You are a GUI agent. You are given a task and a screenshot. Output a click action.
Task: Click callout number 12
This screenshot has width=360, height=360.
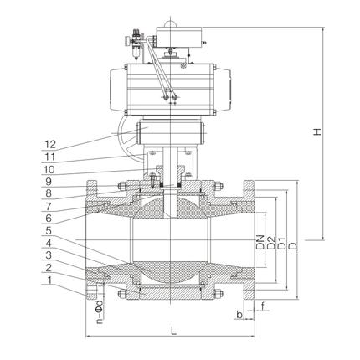pyautogui.click(x=50, y=145)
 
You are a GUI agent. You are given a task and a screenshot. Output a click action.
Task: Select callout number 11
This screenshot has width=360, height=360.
pyautogui.click(x=50, y=157)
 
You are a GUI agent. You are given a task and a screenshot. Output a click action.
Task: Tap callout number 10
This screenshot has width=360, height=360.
pyautogui.click(x=49, y=169)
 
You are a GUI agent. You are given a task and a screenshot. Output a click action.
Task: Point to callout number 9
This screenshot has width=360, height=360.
pyautogui.click(x=49, y=182)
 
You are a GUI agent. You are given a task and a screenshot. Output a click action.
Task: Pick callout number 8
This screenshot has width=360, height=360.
pyautogui.click(x=49, y=193)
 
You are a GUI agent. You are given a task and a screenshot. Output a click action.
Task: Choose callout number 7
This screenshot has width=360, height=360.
pyautogui.click(x=49, y=206)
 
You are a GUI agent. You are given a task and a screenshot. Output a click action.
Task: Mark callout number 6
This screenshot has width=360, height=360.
pyautogui.click(x=49, y=219)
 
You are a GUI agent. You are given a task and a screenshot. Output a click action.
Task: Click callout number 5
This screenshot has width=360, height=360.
pyautogui.click(x=49, y=231)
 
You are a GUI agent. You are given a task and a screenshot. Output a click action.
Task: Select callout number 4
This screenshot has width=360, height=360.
pyautogui.click(x=49, y=243)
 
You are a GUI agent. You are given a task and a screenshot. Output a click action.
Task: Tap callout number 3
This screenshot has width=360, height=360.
pyautogui.click(x=49, y=255)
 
